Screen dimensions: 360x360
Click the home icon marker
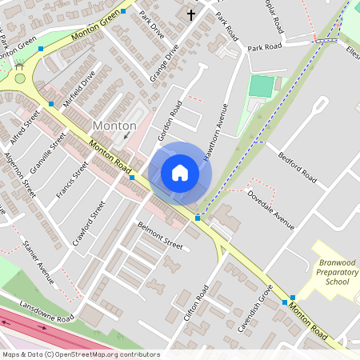[179, 173]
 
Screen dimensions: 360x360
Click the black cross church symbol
[191, 14]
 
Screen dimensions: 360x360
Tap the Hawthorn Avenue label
[216, 132]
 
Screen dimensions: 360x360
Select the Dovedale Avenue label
[271, 210]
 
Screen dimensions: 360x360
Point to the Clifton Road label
[195, 302]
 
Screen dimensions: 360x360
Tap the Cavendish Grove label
[255, 308]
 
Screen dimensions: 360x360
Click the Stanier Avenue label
[38, 262]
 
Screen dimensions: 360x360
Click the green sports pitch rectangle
[261, 86]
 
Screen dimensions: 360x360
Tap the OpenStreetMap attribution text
[80, 354]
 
